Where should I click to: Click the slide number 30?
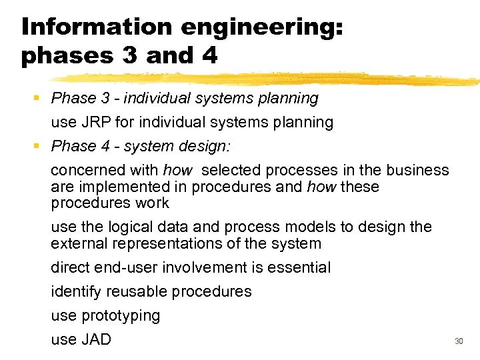coord(458,341)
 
